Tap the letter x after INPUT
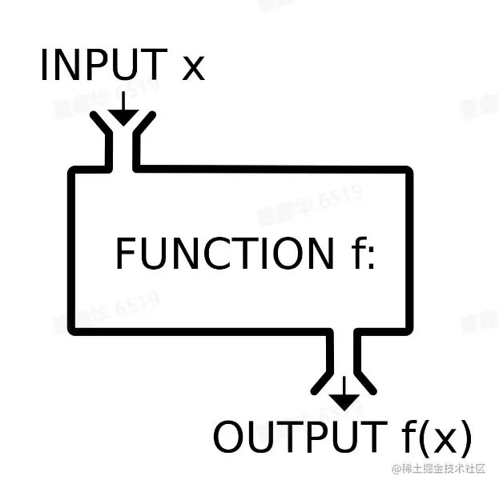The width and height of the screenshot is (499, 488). coord(193,67)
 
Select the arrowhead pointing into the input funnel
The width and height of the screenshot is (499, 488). coord(123,115)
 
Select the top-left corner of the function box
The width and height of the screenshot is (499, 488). coord(73,171)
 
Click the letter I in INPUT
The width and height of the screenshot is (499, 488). coord(46,66)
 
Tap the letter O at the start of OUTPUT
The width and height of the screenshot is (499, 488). coord(230,438)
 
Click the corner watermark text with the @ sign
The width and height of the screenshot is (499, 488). coord(437,469)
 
